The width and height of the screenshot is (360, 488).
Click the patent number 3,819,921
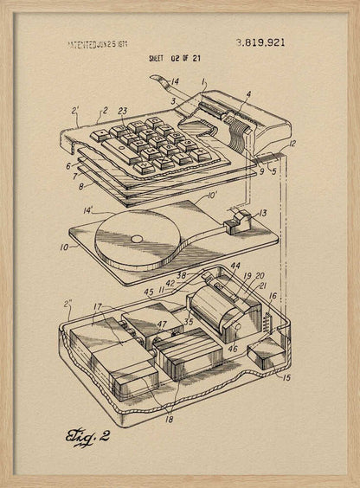point(260,42)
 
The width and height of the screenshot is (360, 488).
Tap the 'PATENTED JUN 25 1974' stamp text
point(101,42)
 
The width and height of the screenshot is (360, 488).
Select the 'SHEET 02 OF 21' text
point(181,58)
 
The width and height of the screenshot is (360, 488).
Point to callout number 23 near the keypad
point(122,111)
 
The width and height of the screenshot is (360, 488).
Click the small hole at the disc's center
point(135,238)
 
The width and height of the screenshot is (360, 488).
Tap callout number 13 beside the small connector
point(262,213)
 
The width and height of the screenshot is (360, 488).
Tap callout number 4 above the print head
point(248,94)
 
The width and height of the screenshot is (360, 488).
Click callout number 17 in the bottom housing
point(98,306)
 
